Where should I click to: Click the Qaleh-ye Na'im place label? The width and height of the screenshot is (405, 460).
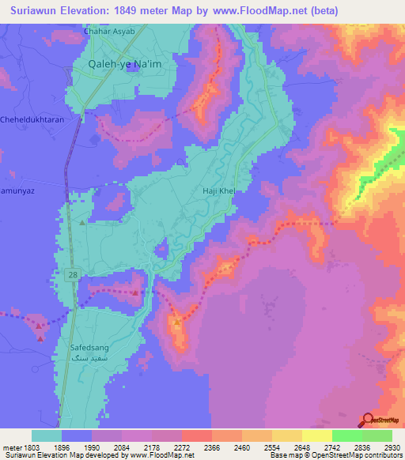click(113, 66)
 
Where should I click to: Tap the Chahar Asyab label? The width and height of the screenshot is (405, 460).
click(109, 32)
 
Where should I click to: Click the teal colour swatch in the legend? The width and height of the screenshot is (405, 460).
click(47, 435)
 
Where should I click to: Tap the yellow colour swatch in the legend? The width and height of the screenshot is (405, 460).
click(316, 435)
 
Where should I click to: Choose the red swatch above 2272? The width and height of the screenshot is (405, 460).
click(196, 435)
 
